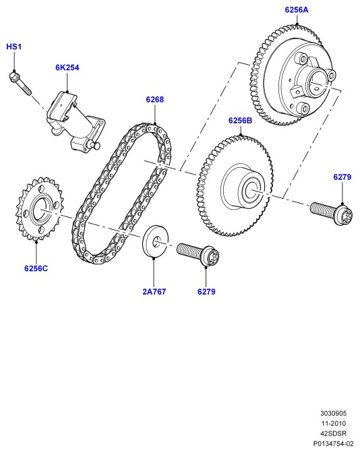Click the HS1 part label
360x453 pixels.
point(14,47)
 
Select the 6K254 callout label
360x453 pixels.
point(67,67)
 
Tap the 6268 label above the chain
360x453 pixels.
point(155,99)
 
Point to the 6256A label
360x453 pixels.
point(297,10)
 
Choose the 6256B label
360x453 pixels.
point(241,121)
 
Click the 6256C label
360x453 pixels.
point(36,268)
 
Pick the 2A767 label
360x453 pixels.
point(154,291)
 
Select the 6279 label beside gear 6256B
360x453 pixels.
point(342,177)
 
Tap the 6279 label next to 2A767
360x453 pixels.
point(206,291)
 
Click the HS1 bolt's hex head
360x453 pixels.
point(13,77)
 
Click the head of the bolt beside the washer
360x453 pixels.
point(210,256)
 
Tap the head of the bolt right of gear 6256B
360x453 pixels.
point(344,215)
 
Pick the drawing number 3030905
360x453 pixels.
point(334,413)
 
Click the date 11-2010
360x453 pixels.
point(334,423)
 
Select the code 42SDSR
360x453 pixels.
point(334,433)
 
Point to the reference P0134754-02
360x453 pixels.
point(334,444)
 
